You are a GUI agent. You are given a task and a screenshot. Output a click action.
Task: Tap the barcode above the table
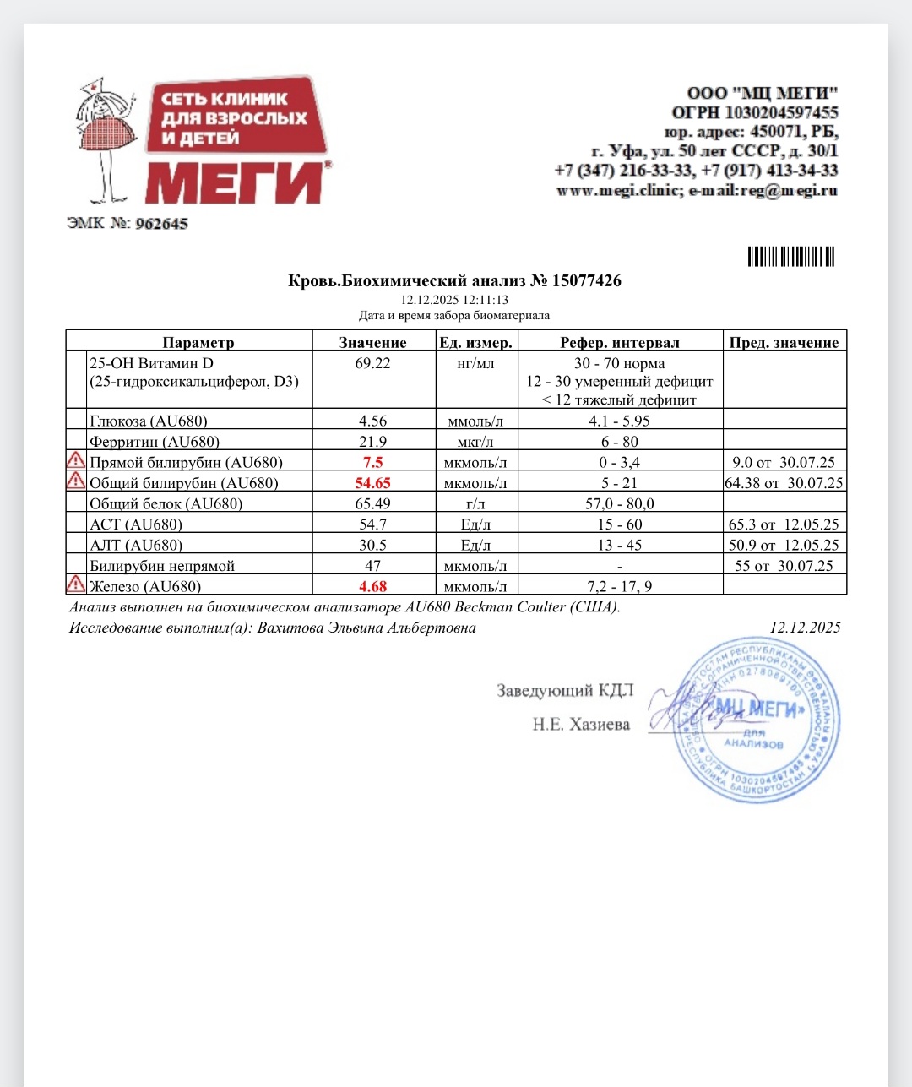790,256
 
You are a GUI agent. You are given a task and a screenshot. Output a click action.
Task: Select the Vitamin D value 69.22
372,363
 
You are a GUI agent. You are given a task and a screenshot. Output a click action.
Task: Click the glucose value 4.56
372,421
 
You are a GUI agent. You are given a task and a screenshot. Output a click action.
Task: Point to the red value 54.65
372,483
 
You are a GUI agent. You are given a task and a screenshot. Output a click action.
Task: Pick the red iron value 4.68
372,586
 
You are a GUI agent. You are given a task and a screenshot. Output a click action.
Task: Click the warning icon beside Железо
76,584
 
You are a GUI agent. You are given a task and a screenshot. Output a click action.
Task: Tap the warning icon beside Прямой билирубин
76,460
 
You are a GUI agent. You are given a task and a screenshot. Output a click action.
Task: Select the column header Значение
372,342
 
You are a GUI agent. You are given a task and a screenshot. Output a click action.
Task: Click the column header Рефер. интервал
620,342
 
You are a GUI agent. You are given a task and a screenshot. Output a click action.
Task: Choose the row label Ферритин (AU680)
155,442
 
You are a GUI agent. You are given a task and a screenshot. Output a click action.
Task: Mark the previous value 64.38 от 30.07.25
784,483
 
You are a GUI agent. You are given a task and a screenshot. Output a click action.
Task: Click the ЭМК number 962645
161,224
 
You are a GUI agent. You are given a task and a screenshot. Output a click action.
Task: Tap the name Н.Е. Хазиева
581,724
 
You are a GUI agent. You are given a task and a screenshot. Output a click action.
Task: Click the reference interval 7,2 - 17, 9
620,586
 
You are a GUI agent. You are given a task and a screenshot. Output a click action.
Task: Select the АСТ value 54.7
372,524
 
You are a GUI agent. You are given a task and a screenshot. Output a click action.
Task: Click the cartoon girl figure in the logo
106,139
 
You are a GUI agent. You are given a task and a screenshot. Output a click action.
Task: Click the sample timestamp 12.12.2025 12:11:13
454,300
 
